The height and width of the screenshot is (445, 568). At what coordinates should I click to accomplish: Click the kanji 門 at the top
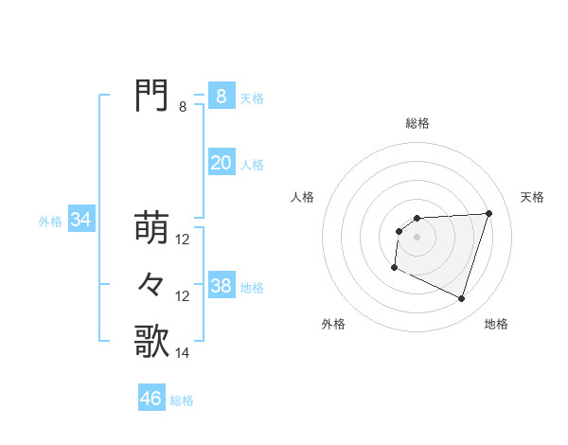click(151, 95)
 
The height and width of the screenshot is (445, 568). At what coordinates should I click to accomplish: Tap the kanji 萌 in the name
click(151, 227)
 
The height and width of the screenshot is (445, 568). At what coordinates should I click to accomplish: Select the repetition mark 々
click(151, 284)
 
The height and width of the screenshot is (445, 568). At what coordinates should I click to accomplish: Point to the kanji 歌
click(151, 341)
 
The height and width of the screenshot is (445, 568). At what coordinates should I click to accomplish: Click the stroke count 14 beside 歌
click(183, 353)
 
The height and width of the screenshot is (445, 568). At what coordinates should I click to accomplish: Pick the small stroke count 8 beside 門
click(183, 107)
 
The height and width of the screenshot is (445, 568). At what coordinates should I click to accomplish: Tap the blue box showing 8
click(221, 96)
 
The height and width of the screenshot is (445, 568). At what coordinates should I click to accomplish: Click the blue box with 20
click(221, 163)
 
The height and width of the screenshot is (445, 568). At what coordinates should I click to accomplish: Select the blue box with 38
click(221, 285)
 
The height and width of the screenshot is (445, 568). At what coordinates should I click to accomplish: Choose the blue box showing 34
click(80, 220)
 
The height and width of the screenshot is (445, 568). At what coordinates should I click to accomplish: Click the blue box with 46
click(151, 399)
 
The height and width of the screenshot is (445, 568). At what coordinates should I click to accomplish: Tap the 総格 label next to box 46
click(182, 400)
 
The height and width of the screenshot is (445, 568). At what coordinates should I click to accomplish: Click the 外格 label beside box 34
click(50, 222)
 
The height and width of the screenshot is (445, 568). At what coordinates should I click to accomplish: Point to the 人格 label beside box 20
click(252, 165)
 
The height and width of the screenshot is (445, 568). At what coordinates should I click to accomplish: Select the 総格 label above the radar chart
click(417, 123)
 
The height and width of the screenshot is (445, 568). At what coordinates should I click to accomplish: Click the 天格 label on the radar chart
click(533, 197)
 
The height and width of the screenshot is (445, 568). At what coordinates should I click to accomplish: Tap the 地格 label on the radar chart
click(496, 324)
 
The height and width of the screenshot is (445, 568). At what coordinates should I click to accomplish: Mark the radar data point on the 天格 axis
click(488, 213)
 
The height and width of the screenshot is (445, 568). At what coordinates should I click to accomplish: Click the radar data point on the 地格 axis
click(462, 299)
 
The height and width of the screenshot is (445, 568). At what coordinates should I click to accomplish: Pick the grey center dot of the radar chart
click(417, 236)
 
